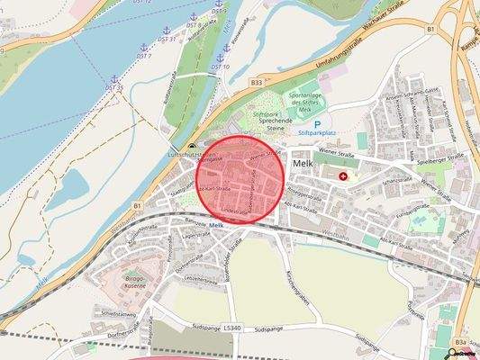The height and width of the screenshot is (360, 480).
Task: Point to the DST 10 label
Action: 221,67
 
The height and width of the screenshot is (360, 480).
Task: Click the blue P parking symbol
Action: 317,125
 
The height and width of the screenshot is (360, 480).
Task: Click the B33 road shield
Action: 256,83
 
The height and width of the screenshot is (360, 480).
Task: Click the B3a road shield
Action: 460,343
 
